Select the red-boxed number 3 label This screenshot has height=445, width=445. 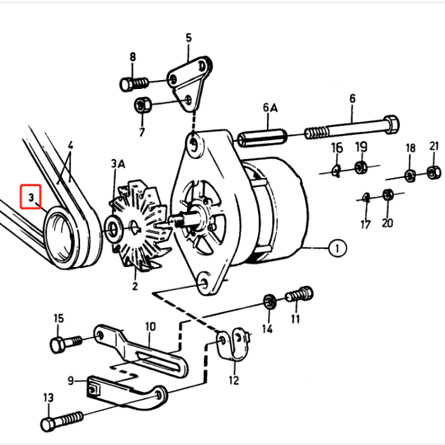31,198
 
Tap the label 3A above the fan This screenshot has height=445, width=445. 119,165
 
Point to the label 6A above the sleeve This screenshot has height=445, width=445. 270,109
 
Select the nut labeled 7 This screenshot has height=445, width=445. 142,104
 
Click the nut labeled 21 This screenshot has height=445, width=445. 434,171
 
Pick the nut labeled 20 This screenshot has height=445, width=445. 389,195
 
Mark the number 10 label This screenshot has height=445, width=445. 150,327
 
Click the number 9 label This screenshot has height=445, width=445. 71,381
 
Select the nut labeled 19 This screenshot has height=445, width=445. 360,167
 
